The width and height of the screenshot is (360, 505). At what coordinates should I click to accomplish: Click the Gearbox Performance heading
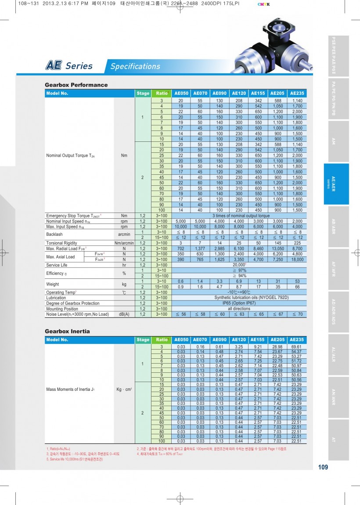pos(76,85)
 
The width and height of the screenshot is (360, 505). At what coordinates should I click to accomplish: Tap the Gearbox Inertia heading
pos(67,331)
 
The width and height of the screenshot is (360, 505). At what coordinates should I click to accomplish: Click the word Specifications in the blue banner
pos(135,66)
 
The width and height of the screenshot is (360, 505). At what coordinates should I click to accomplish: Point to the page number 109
pos(323,467)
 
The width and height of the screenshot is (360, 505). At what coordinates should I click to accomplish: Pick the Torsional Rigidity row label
pos(61,243)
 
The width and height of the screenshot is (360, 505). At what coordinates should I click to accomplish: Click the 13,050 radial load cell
pos(277,249)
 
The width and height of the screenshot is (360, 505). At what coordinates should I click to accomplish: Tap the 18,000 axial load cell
pos(297,260)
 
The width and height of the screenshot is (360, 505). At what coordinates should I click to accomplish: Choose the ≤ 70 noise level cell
pos(297,314)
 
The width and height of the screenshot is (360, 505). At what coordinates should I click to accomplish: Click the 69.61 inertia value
pos(297,347)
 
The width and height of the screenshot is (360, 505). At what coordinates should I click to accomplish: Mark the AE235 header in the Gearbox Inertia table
pos(297,339)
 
